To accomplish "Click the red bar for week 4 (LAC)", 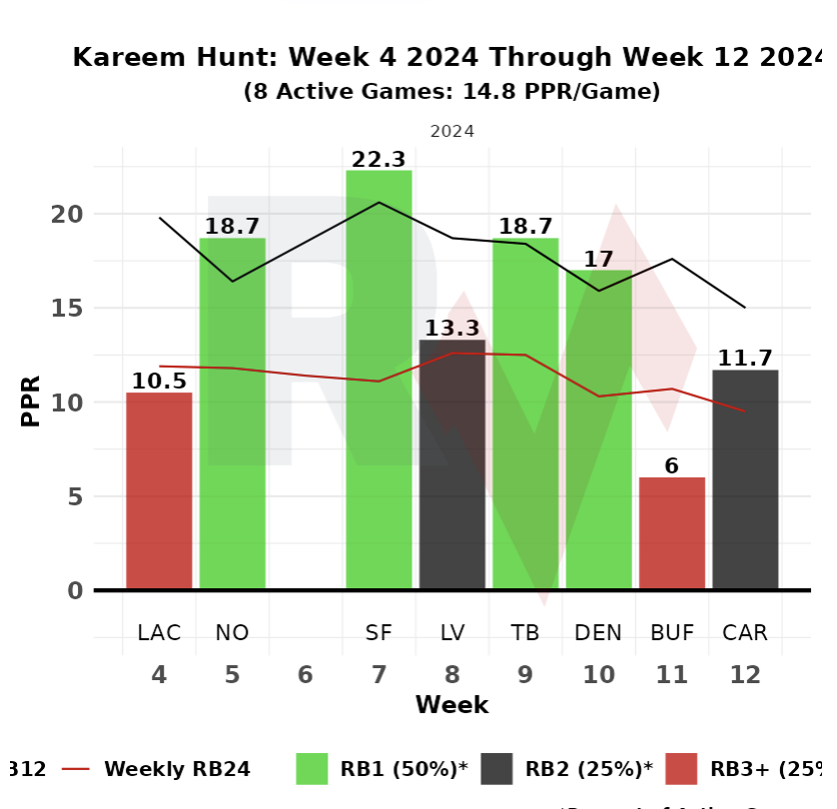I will click(159, 490).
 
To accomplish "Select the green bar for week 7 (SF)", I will click(379, 380).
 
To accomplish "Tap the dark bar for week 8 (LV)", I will click(451, 464).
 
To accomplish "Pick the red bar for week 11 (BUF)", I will click(671, 533).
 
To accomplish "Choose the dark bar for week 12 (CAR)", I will click(745, 479).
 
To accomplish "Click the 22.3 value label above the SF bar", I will click(379, 159).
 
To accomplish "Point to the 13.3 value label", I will click(451, 328).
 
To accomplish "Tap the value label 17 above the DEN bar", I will click(598, 259).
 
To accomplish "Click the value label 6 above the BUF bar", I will click(671, 466).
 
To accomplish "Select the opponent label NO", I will click(232, 632).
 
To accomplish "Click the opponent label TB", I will click(524, 632).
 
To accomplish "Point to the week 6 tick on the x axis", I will click(306, 676).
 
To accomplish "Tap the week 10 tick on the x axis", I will click(598, 676).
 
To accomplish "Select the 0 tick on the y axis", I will click(73, 590).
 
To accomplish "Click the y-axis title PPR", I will click(32, 402).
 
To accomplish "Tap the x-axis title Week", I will click(451, 706).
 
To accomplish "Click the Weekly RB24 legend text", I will click(177, 769).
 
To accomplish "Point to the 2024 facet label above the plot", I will click(451, 131).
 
